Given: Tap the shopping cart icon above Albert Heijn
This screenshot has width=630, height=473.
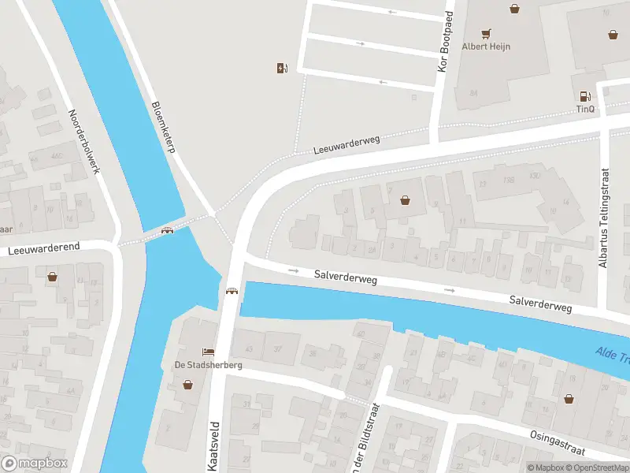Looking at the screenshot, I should (486, 33).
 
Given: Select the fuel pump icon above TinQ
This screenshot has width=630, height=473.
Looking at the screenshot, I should (585, 95).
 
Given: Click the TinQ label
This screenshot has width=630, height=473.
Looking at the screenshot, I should (585, 109).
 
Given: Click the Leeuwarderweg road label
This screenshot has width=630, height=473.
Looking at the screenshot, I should (346, 144).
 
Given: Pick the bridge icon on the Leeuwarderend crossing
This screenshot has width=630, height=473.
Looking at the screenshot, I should (167, 231).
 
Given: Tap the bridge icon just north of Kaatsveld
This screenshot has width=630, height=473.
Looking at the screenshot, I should (232, 291).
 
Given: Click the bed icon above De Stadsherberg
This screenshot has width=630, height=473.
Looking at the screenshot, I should (208, 352).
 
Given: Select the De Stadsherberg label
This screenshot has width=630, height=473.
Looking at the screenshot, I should (208, 365).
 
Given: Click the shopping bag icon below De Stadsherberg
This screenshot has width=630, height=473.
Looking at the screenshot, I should (188, 385).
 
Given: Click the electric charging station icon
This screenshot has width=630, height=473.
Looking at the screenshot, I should (282, 68).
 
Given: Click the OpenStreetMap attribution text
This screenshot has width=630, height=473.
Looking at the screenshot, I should (598, 467).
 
